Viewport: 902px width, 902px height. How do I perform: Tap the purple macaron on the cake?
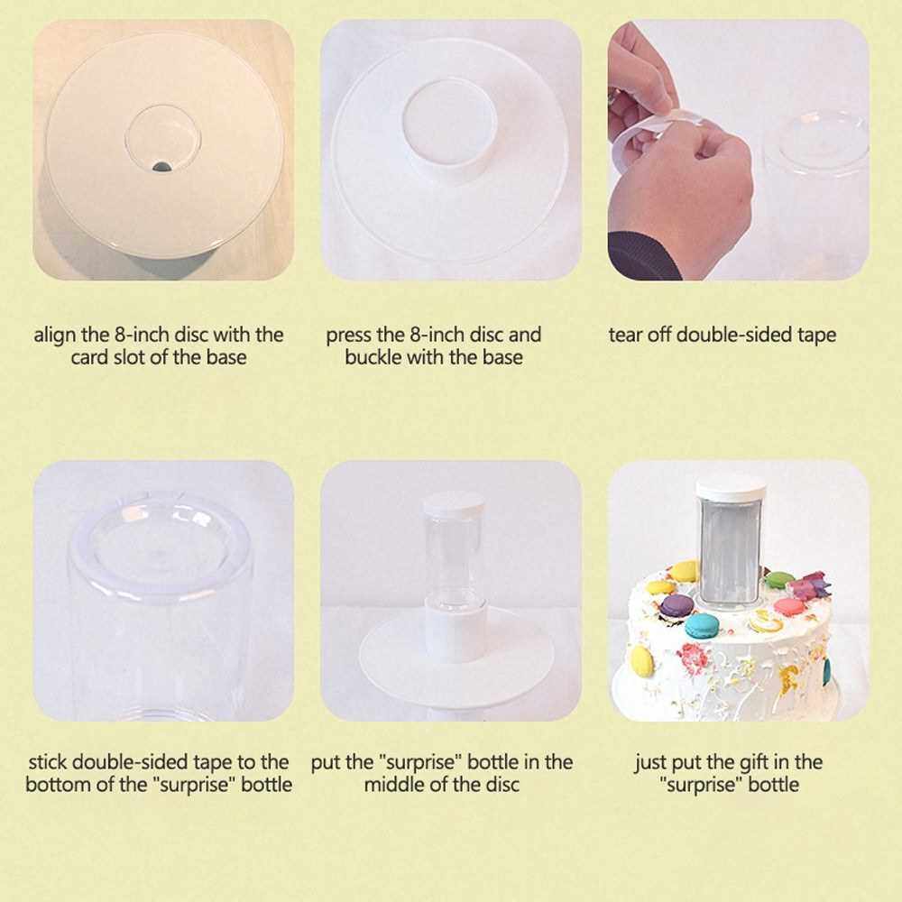click(676, 605)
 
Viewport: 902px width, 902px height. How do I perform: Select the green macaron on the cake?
click(779, 577)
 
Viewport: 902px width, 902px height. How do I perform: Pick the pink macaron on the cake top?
click(789, 606)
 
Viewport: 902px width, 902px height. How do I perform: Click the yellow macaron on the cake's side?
click(642, 661)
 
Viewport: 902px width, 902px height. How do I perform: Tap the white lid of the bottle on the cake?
click(732, 490)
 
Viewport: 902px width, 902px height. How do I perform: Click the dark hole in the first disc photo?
click(161, 167)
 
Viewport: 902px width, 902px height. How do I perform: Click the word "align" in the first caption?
click(56, 336)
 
